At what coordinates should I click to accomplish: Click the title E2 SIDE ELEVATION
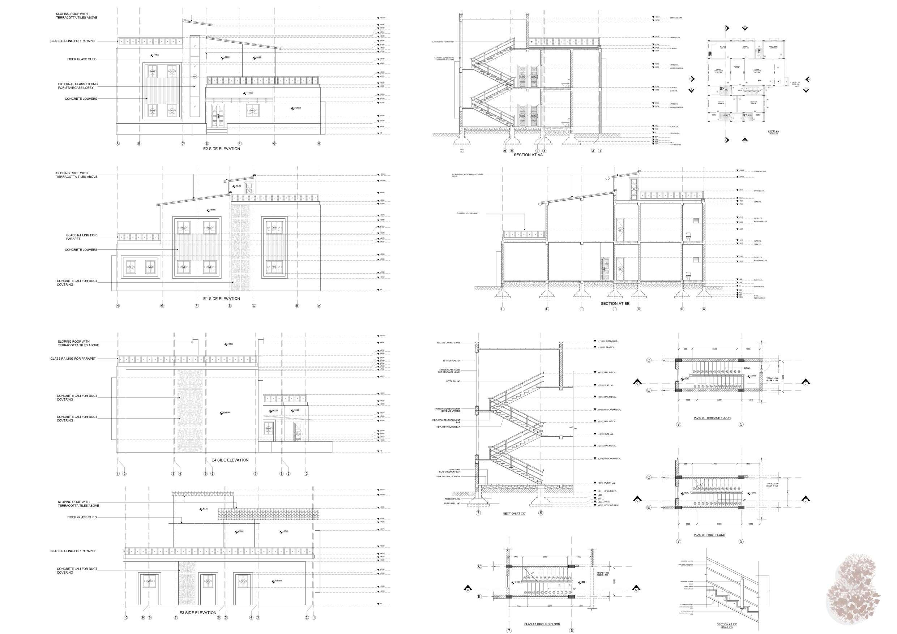tap(222, 149)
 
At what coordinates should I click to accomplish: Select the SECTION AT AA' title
tap(529, 155)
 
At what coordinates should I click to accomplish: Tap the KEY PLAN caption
tap(773, 132)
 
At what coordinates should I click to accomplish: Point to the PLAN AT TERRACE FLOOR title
tap(712, 418)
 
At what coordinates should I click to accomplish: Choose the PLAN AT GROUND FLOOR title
tap(542, 624)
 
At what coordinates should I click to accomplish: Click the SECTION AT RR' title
tap(727, 624)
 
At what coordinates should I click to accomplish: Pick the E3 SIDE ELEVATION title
tap(198, 613)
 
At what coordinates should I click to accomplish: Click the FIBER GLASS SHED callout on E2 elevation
tap(82, 59)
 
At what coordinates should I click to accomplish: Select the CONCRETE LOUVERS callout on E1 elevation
tap(81, 250)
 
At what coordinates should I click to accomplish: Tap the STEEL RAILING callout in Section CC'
tap(453, 381)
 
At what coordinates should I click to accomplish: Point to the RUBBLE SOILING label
tap(452, 499)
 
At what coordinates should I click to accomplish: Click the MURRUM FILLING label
tap(452, 504)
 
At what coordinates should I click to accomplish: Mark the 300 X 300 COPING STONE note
tap(448, 343)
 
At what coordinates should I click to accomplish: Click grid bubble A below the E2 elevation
tap(117, 144)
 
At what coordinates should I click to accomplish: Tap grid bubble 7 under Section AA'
tap(462, 151)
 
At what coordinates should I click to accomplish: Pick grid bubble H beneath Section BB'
tap(503, 309)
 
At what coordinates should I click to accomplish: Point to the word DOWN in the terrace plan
tap(747, 368)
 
